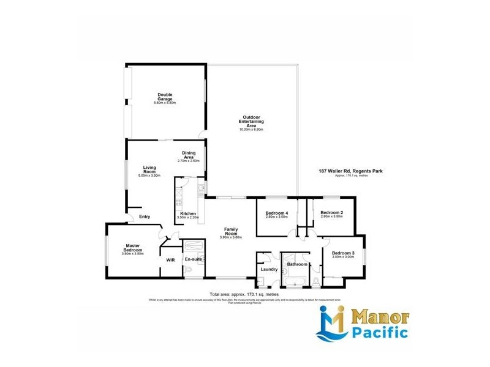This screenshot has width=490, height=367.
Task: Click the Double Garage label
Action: click(x=165, y=95)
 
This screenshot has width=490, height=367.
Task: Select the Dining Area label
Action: click(x=189, y=154)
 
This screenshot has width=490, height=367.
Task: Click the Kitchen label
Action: click(x=188, y=213)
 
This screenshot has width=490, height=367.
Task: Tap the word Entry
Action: click(x=145, y=217)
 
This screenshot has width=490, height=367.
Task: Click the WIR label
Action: click(x=171, y=260)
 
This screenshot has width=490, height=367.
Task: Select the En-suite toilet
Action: click(x=189, y=270)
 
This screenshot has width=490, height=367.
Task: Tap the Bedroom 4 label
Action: click(x=276, y=213)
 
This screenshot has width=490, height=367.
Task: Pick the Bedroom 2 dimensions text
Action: click(x=332, y=217)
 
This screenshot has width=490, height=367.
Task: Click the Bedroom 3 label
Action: click(x=343, y=253)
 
